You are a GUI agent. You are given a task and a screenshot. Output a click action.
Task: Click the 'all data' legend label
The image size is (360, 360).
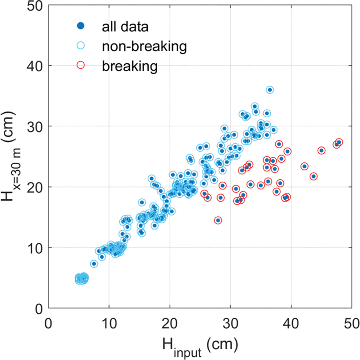(125, 27)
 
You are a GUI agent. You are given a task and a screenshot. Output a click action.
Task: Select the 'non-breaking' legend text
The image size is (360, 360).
(144, 47)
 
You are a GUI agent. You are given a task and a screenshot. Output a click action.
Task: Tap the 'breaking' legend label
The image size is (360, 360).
(130, 66)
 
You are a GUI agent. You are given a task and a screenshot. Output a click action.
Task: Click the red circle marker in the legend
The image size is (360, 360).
(81, 65)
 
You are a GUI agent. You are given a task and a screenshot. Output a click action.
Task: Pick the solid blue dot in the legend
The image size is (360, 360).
(81, 26)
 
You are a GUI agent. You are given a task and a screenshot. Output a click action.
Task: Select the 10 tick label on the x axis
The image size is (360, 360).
(109, 324)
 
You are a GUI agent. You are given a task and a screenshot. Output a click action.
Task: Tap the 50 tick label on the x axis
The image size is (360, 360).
(351, 324)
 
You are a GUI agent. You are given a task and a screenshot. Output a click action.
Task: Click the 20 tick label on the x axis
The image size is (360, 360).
(170, 324)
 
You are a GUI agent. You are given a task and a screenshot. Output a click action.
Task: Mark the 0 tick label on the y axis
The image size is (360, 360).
(39, 309)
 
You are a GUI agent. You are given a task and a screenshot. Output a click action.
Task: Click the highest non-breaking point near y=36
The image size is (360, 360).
(270, 90)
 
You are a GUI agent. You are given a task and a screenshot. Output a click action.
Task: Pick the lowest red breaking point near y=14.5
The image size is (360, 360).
(218, 221)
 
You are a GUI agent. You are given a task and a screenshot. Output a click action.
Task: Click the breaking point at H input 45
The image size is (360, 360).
(321, 151)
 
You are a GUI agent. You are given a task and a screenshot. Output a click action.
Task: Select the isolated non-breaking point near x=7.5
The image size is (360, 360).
(94, 264)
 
